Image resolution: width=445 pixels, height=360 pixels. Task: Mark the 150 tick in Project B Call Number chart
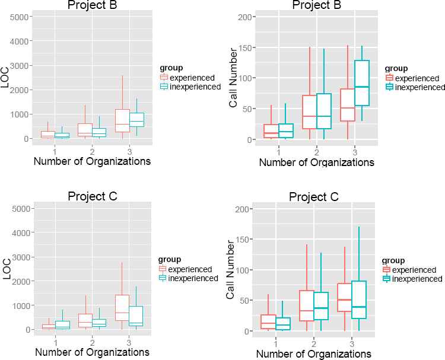(243, 47)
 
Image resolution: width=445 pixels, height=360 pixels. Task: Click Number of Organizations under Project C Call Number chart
(314, 353)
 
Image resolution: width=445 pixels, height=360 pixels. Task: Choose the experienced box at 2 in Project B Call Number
(309, 112)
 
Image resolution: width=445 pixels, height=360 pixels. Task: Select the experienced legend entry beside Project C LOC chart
(189, 269)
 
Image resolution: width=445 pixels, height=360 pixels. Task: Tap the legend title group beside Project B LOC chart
(172, 68)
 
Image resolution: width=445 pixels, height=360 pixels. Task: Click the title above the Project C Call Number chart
(314, 197)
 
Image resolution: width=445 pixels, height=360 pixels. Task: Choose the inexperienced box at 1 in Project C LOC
(63, 325)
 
